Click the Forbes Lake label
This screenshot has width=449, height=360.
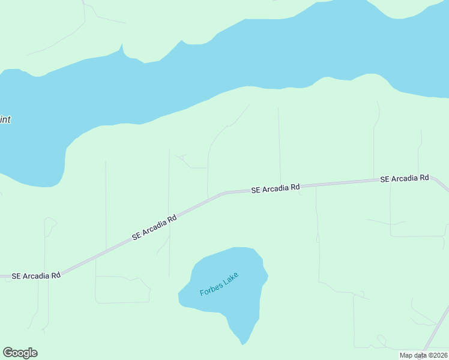pos(219,284)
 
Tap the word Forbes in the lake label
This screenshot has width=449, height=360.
pos(211,288)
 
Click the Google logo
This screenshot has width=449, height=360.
pos(20,353)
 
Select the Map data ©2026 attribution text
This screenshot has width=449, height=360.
pos(423,355)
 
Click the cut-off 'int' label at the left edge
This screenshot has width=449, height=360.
pos(5,119)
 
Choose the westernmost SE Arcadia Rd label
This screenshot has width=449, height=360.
pos(36,276)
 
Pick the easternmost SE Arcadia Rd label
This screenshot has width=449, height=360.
pos(405,179)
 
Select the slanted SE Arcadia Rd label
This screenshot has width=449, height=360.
pos(155,227)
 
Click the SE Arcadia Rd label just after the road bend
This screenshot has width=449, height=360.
pos(276,188)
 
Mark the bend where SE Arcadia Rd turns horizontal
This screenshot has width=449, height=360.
pos(225,193)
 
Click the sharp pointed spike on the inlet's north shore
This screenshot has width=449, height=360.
pos(122,45)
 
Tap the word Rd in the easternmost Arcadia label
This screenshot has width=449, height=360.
pos(424,178)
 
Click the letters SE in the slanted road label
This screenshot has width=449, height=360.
pos(136,237)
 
